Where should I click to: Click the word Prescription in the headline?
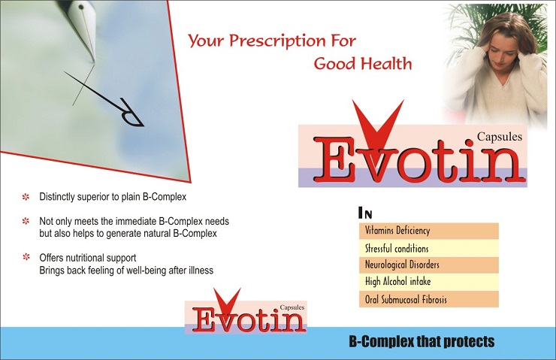coord(276,41)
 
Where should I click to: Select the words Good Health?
coord(363,63)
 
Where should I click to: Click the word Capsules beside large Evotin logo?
coord(499,137)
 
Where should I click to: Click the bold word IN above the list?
coord(365,213)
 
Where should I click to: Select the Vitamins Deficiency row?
coord(429,231)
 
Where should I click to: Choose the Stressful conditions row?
coord(429,248)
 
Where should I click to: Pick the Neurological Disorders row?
coord(429,265)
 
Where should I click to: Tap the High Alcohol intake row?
coord(429,282)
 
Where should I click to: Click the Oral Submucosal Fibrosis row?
coord(429,299)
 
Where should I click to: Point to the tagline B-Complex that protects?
coord(422,341)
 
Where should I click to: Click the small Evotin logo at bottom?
coord(246,312)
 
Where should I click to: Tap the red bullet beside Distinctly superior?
coord(26,197)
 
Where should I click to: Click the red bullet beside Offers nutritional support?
coord(26,257)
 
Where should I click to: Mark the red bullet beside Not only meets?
coord(26,221)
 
